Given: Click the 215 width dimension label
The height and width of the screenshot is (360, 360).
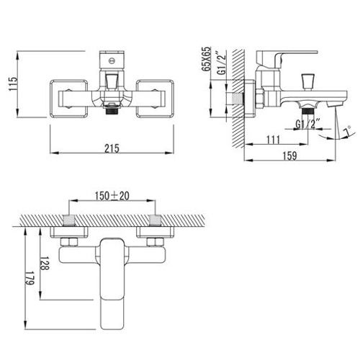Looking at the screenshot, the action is [x=112, y=148].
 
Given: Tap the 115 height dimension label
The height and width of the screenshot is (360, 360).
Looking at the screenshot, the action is [x=13, y=84].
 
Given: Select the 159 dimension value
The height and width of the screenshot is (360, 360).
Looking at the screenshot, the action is [x=290, y=156].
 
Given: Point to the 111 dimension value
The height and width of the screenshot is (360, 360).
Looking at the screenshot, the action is [x=274, y=140].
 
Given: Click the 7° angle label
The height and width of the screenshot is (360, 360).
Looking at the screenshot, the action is [x=347, y=131].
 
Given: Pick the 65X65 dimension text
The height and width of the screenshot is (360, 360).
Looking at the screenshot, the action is [x=206, y=59].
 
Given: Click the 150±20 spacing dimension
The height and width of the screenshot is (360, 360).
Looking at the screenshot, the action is [x=112, y=196].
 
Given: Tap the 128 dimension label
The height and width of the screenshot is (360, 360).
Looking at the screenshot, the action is [x=44, y=264].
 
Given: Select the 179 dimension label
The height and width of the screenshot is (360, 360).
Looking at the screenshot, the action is [x=30, y=278].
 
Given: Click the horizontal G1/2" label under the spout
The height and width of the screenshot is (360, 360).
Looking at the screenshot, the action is [x=308, y=124].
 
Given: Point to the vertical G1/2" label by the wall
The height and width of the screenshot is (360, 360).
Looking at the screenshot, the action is [x=222, y=63].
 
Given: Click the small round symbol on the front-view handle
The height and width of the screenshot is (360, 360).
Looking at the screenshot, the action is [x=112, y=60].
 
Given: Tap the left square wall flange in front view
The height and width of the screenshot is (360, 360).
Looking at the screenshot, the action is [x=69, y=99].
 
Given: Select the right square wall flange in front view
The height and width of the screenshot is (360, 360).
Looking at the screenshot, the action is [x=155, y=99].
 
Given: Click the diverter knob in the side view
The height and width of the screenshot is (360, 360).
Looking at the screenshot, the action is [x=307, y=82].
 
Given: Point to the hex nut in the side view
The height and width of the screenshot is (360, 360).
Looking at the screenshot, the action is [x=260, y=98].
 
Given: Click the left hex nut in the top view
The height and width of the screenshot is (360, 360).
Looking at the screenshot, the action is [x=69, y=242].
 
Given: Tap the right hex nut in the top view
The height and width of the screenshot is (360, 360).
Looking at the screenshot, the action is [x=155, y=242].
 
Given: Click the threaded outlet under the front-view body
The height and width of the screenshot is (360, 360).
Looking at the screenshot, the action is [x=112, y=110].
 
